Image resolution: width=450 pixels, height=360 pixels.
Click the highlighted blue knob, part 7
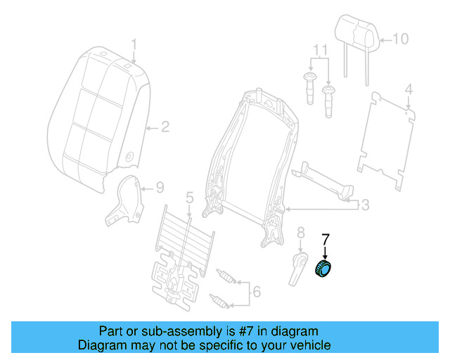pos(325,269)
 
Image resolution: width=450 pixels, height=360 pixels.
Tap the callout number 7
pos(325,238)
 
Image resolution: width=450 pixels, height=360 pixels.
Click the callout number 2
pos(165,127)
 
